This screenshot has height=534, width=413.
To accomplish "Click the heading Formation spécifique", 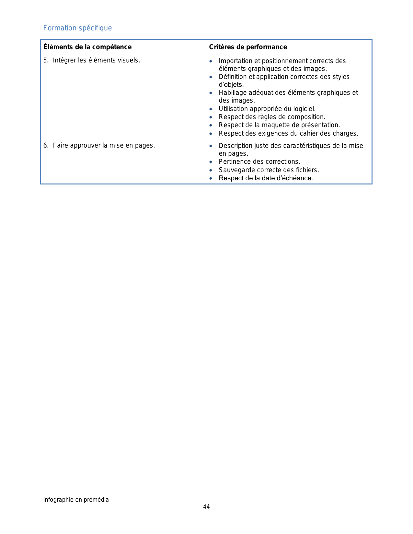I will point(77,28).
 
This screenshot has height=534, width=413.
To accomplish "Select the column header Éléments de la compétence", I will point(87,47).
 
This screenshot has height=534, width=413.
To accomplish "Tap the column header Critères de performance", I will point(248,47).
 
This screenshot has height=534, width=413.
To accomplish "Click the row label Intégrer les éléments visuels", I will point(96,60).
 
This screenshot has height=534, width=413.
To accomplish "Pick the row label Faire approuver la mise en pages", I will point(104,146).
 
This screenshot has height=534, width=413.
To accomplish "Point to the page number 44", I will point(206,506).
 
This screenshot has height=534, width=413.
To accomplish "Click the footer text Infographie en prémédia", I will point(76,499).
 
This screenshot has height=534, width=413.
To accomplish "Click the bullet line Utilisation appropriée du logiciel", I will point(267,109).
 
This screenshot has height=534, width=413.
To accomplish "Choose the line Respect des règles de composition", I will point(272,117).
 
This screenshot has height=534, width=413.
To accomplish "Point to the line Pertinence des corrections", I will point(259,161).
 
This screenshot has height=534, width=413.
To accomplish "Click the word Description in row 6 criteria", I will point(235,146).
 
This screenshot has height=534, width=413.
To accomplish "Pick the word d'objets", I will point(231,85).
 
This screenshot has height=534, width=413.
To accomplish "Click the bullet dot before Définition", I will point(211,77).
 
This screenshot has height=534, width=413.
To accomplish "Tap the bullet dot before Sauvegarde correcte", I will point(211,170).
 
